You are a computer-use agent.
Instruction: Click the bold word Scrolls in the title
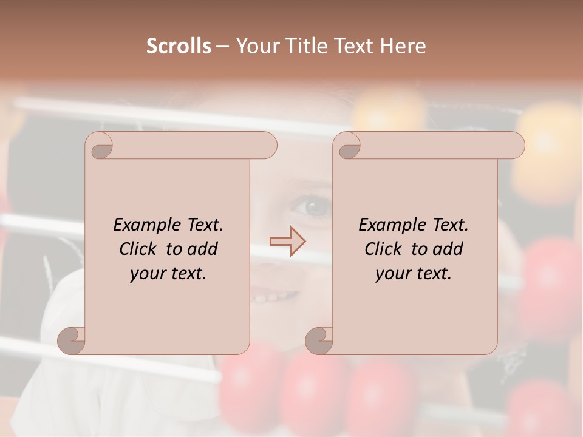[x=179, y=46]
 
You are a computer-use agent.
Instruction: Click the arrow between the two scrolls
[x=288, y=241]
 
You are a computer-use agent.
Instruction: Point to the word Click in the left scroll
[x=140, y=249]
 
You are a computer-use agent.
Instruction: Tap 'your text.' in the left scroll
[x=168, y=273]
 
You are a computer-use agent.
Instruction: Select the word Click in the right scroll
[x=385, y=249]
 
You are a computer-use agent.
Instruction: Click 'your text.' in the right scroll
[x=414, y=273]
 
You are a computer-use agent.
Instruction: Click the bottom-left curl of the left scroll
[x=72, y=340]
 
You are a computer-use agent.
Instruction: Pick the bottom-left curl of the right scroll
[x=319, y=340]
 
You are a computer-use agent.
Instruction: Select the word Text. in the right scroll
[x=450, y=225]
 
